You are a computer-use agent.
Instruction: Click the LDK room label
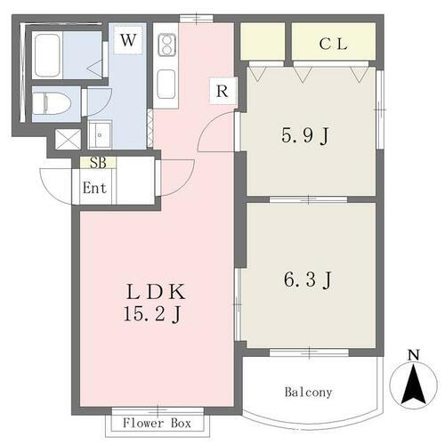161,293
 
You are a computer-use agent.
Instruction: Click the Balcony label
308,392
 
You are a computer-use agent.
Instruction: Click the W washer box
129,40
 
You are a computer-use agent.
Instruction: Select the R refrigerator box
220,91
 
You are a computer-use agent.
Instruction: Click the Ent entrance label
95,188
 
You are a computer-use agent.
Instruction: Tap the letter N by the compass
413,357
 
